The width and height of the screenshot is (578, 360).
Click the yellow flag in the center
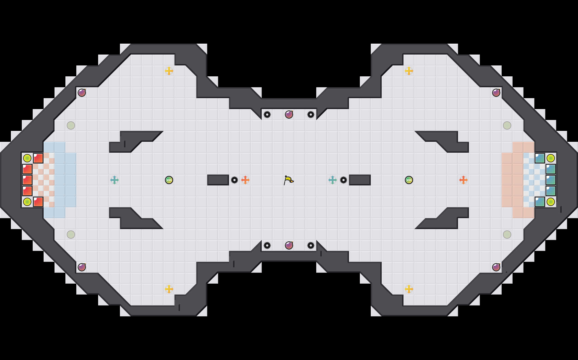tap(288, 180)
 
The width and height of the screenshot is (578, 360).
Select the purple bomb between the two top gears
tap(289, 115)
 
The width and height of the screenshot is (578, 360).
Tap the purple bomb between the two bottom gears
tap(289, 245)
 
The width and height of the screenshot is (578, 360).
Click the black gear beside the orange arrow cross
tap(234, 180)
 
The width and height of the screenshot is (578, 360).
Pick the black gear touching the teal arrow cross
tap(344, 180)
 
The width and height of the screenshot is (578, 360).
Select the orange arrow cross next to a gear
tap(245, 180)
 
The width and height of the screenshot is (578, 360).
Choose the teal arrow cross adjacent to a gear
tap(332, 180)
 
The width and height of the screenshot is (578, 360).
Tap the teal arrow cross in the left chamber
tap(115, 180)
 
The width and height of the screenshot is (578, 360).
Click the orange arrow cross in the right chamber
tap(463, 180)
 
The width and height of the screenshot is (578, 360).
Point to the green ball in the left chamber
tap(169, 180)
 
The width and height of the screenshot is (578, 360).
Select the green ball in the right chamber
tap(409, 180)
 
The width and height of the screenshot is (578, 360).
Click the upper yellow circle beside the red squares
tap(27, 158)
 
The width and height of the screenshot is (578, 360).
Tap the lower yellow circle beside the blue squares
tap(551, 202)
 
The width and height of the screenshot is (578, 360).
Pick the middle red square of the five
tap(27, 180)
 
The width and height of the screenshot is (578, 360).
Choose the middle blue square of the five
tap(551, 180)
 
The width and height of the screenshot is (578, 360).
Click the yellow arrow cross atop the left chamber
tap(169, 71)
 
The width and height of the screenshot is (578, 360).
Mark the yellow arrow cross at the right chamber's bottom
tap(409, 289)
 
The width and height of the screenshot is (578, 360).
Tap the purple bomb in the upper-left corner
tap(82, 93)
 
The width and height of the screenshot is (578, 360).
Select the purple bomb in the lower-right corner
tap(496, 267)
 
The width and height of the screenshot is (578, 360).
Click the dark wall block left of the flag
tap(218, 180)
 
